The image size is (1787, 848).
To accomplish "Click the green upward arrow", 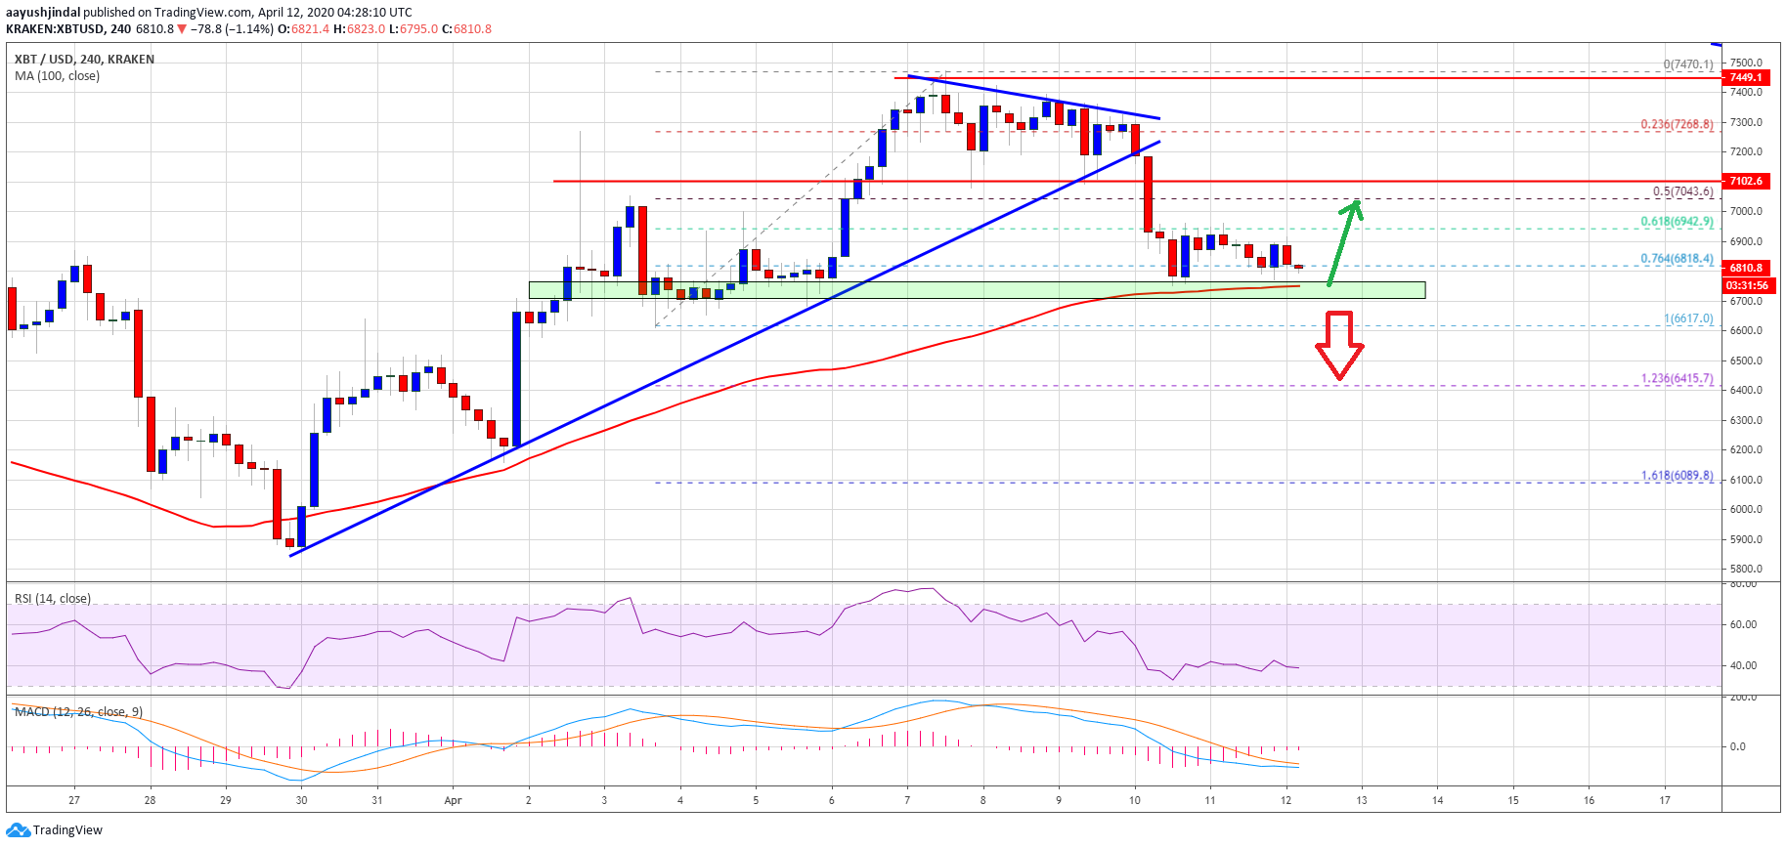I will point(1343,242).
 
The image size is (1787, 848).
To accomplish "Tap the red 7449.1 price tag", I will point(1746,77).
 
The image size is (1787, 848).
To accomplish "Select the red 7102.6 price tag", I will point(1746,181).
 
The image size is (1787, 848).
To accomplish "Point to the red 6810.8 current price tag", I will point(1746,268).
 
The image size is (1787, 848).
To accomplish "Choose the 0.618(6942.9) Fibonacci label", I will point(1677,222).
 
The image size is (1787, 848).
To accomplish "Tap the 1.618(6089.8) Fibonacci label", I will point(1677,476).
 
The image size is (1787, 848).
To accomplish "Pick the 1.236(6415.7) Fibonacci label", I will point(1677,379).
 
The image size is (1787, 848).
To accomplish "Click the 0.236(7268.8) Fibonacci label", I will point(1677,125).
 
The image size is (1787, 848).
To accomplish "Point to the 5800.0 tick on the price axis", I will point(1746,569).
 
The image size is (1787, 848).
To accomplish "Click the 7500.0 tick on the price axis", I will point(1746,63).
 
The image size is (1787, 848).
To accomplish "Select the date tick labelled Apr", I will point(453,800).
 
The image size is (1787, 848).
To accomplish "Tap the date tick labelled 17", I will point(1665,800).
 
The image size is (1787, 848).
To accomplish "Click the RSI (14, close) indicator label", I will point(53,599).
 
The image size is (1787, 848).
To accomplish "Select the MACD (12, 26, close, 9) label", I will point(78,711).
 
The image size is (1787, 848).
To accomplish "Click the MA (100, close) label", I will point(57,76).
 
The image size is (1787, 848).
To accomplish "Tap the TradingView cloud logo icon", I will point(18,830).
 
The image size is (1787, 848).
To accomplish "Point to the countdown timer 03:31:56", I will point(1747,285).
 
